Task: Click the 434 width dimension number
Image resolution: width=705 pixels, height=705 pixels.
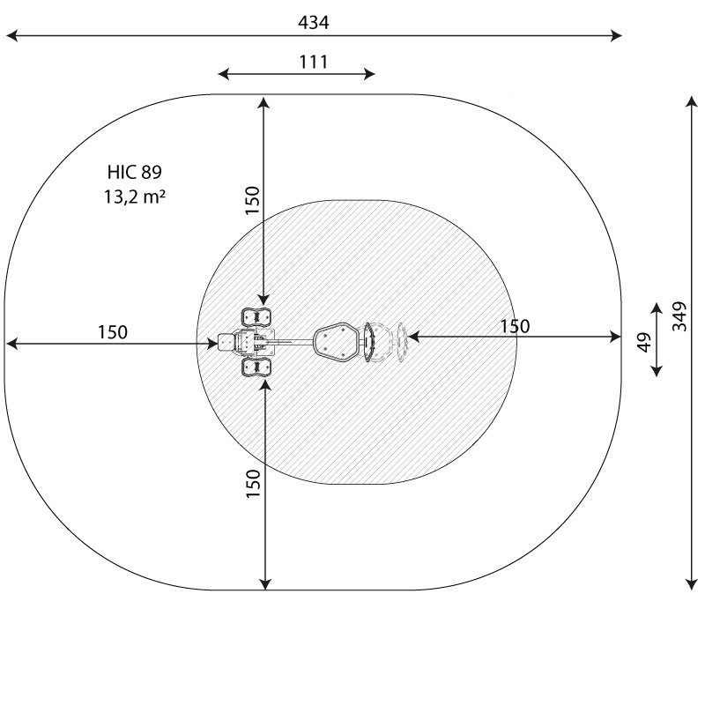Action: pyautogui.click(x=314, y=22)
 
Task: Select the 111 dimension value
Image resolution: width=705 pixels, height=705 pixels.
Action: pyautogui.click(x=314, y=62)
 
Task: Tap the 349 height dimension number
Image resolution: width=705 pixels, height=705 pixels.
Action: pyautogui.click(x=679, y=316)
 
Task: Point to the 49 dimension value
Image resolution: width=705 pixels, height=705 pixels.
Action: pyautogui.click(x=645, y=342)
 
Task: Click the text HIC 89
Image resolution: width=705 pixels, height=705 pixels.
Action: pyautogui.click(x=135, y=172)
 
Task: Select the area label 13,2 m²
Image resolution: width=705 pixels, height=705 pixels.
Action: pyautogui.click(x=135, y=197)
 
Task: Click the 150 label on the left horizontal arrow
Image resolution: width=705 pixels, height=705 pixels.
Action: pyautogui.click(x=113, y=332)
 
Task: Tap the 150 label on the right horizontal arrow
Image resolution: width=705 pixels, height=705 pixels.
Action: pyautogui.click(x=515, y=326)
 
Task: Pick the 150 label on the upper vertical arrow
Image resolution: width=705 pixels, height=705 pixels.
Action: pyautogui.click(x=253, y=200)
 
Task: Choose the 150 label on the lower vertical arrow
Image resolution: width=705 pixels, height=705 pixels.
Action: pyautogui.click(x=254, y=483)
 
